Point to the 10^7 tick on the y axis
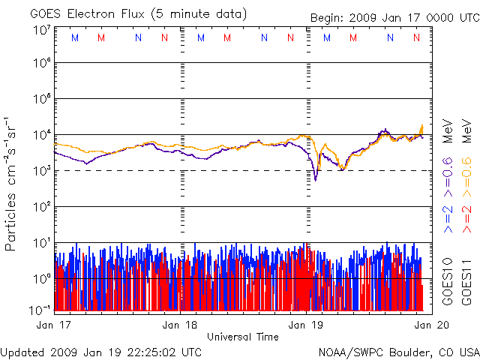click(40, 30)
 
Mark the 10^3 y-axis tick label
click(40, 172)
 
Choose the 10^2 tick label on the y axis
click(40, 208)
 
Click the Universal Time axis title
click(242, 337)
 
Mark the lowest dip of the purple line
click(316, 180)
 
